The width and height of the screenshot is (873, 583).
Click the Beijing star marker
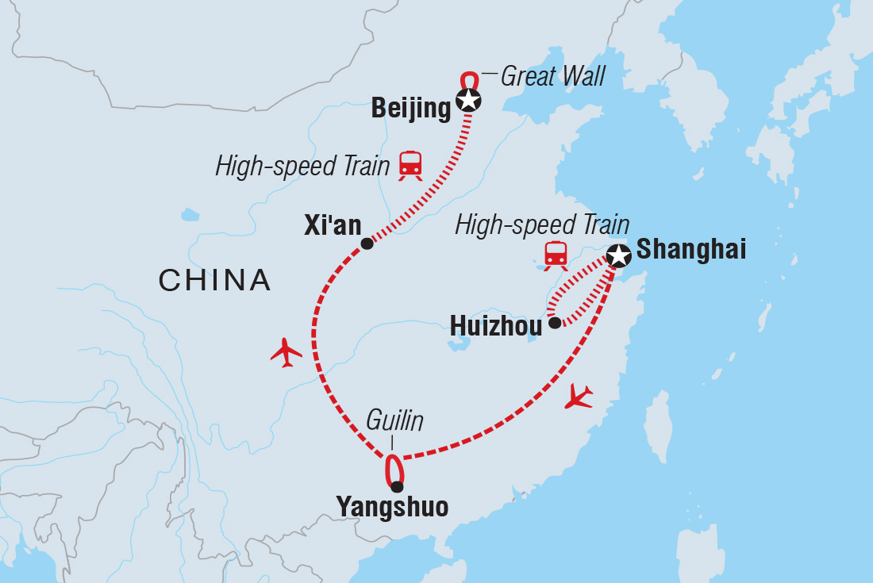(x=468, y=101)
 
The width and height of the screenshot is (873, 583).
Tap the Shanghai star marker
(x=618, y=255)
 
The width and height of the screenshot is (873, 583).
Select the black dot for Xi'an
(x=367, y=244)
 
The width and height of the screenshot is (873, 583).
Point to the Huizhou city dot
(x=555, y=323)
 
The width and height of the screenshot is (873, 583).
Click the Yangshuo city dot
(x=397, y=487)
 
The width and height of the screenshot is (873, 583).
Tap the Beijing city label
(x=411, y=109)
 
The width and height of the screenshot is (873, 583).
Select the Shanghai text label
(x=691, y=250)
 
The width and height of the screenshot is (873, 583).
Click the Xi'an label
(x=332, y=226)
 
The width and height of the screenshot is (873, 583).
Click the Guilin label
(x=394, y=421)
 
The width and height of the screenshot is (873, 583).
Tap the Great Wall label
(x=553, y=76)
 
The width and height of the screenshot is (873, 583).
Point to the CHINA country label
(x=215, y=280)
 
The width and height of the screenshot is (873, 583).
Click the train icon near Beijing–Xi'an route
(x=410, y=166)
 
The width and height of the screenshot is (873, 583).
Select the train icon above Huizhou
(x=556, y=255)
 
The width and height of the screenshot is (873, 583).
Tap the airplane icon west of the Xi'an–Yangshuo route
(x=287, y=352)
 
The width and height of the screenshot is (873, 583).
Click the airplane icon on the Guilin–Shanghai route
(x=579, y=397)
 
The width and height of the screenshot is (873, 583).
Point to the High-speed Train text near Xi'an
(x=302, y=167)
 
